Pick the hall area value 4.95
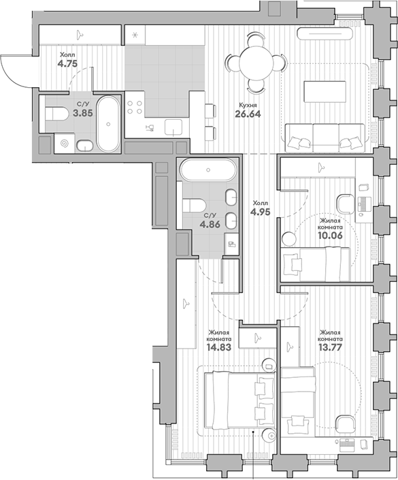click(x=261, y=211)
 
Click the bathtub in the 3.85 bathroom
click(x=108, y=123)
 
